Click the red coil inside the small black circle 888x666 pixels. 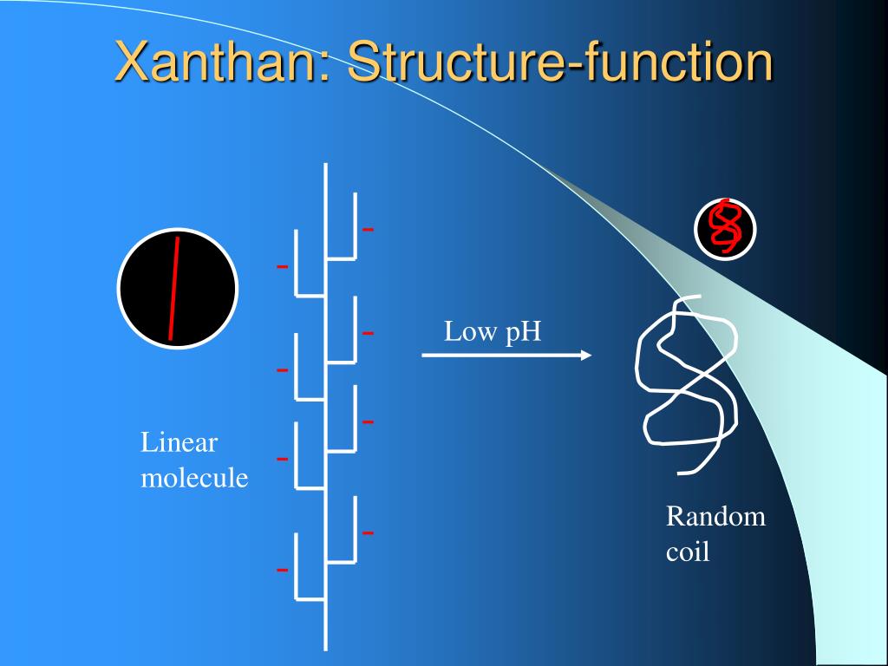click(x=725, y=228)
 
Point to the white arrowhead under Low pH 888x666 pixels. click(x=585, y=355)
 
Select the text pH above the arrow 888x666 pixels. click(x=523, y=332)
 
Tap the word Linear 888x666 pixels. click(x=180, y=443)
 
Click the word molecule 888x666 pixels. click(x=194, y=478)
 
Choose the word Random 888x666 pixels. click(x=715, y=517)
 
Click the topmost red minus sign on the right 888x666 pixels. click(x=368, y=230)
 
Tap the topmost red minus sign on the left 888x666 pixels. click(x=282, y=266)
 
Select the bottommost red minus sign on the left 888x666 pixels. click(x=282, y=570)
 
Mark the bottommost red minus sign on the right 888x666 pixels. click(x=368, y=532)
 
